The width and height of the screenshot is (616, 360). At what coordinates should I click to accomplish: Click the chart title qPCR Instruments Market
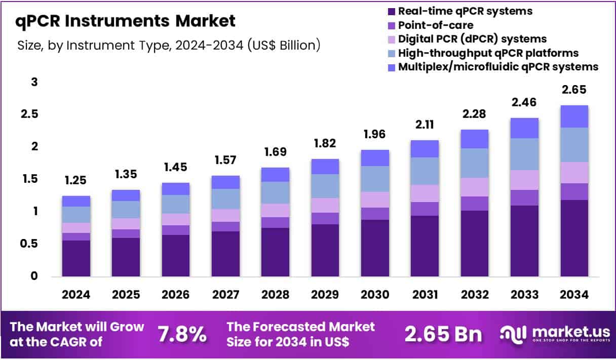point(126,21)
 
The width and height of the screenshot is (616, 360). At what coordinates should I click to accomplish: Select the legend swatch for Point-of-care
point(391,25)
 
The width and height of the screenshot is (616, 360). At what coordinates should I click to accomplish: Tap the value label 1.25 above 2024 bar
point(76,180)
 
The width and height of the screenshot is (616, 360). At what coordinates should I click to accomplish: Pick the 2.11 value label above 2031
point(425,125)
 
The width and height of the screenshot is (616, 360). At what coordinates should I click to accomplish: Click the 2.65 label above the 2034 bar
point(574,90)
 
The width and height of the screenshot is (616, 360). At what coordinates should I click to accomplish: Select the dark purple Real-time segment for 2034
point(574,238)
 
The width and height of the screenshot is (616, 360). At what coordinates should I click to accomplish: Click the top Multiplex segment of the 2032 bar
point(474,139)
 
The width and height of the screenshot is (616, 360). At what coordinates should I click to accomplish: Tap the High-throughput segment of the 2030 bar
point(374,179)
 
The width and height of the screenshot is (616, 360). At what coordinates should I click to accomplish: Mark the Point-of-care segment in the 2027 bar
point(225,226)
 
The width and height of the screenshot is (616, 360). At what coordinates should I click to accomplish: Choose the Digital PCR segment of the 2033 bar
point(524,180)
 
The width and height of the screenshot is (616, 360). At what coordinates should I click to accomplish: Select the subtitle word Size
point(28,46)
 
